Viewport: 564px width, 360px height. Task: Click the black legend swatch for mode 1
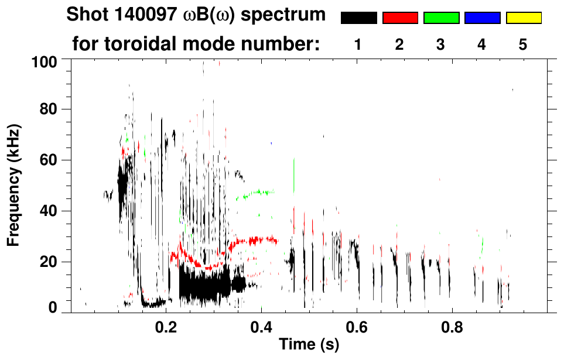point(358,18)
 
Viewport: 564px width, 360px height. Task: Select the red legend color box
point(400,18)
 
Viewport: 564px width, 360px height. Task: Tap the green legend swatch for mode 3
point(441,18)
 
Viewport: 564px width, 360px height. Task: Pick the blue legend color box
point(482,18)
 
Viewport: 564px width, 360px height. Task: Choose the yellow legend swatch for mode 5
point(523,18)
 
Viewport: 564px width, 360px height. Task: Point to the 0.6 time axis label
point(356,327)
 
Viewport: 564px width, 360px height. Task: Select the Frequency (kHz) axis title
point(13,184)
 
